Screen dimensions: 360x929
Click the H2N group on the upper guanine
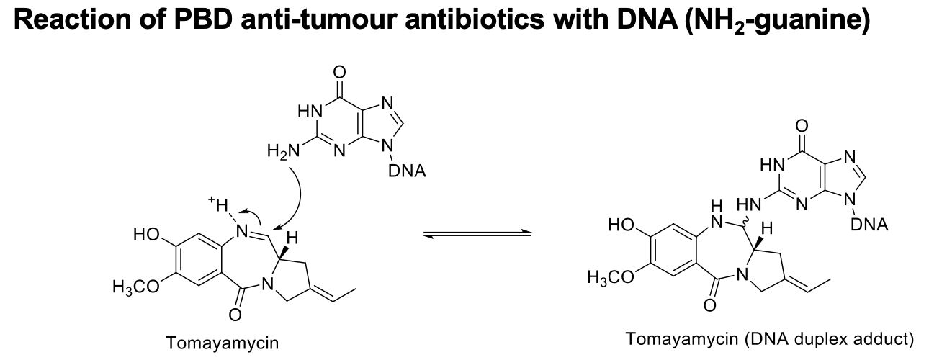pos(281,150)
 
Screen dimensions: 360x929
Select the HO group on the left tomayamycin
pos(146,234)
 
